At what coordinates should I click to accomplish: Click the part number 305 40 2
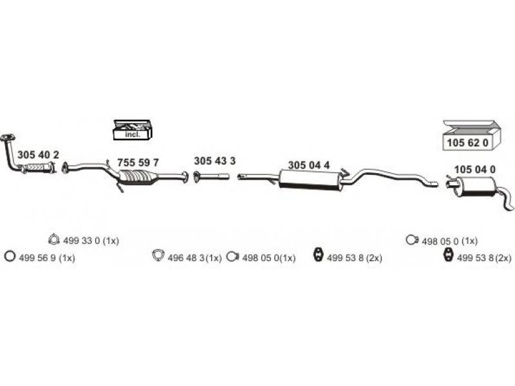coord(38,155)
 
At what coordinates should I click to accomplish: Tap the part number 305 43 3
coord(214,160)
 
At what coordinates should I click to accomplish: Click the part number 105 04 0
coord(474,169)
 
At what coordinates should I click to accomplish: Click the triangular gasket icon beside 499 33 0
coord(53,241)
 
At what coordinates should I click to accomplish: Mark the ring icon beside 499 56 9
coord(9,257)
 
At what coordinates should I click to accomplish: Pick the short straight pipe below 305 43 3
coord(213,175)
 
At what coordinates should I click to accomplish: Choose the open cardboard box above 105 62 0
coord(468,125)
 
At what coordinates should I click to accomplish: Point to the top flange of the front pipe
coord(8,136)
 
